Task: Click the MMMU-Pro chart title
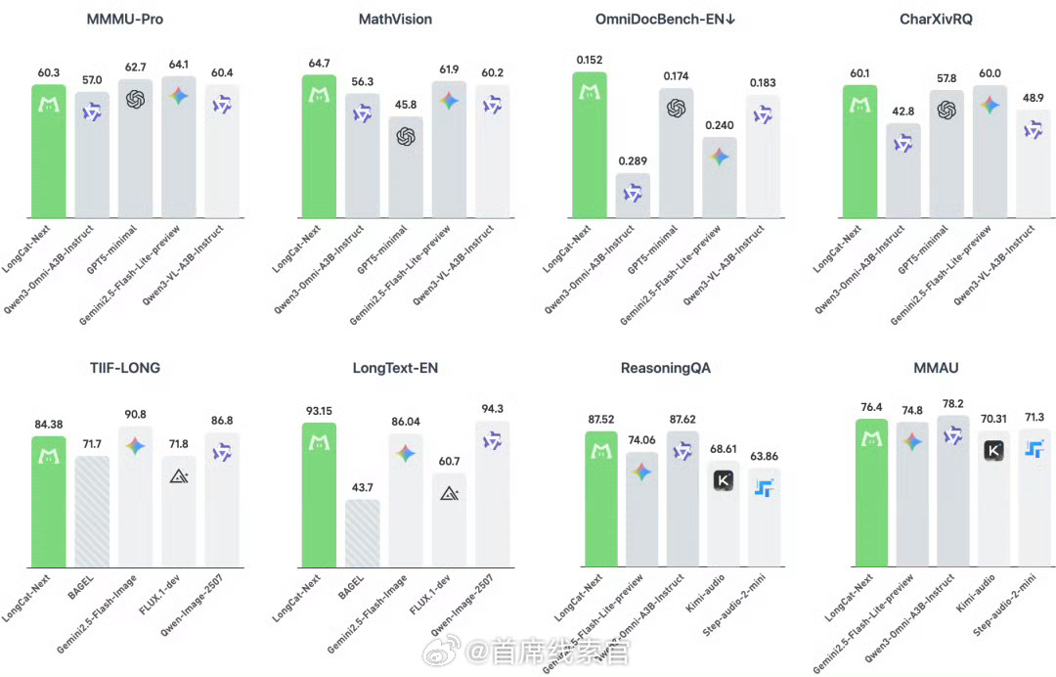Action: coord(124,19)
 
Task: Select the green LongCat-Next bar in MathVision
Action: coord(318,147)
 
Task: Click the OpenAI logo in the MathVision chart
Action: coord(405,137)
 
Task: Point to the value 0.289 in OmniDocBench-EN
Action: coord(633,161)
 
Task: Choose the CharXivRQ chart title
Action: coord(937,19)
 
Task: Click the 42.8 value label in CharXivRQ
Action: coord(902,113)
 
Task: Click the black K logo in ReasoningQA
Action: coord(724,480)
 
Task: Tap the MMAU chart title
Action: coord(938,368)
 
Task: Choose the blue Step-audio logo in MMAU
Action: coord(1034,449)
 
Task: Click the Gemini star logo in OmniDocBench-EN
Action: coord(719,158)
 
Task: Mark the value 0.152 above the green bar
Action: coord(589,59)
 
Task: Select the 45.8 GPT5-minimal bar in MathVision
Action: coord(405,166)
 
